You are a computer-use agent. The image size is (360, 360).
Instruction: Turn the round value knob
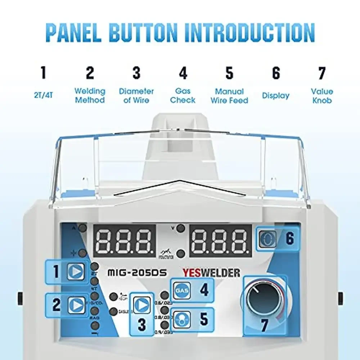[x=265, y=300]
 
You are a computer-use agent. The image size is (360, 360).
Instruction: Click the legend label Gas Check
[x=183, y=96]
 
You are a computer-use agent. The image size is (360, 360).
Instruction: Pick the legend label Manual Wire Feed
[x=229, y=96]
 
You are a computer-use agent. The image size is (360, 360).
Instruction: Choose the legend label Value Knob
[x=322, y=96]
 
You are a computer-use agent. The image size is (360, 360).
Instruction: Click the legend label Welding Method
[x=90, y=96]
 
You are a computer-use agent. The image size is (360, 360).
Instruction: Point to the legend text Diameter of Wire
[x=136, y=96]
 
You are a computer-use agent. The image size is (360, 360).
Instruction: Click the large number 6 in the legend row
[x=276, y=73]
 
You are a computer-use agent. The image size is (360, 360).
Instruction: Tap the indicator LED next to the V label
[x=181, y=228]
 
